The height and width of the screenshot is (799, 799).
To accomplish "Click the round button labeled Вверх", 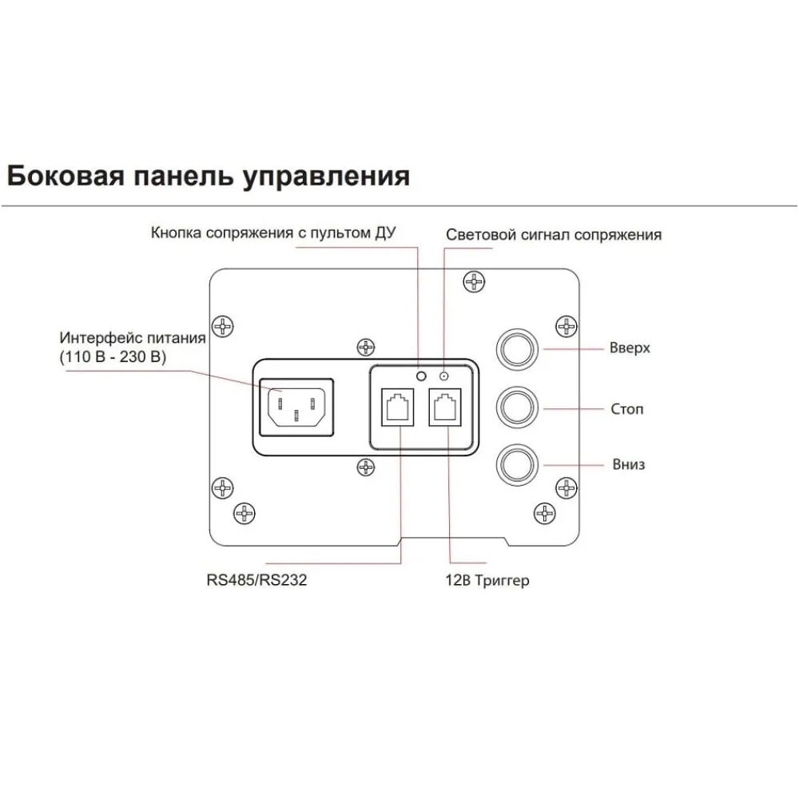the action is coord(517,349).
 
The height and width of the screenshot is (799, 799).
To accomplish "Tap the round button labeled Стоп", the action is coord(517,407).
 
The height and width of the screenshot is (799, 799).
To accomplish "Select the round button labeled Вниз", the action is coord(517,465).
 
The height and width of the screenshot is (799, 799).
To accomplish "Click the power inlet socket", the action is coord(296,407).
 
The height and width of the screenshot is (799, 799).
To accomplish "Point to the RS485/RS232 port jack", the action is coord(397,407).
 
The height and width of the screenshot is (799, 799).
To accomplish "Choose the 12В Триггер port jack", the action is coord(445,407).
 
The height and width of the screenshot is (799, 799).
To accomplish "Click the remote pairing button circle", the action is coord(421,376).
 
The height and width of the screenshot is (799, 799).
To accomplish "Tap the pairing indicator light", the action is coord(443,376).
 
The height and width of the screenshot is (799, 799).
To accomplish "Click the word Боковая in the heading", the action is coord(66,176).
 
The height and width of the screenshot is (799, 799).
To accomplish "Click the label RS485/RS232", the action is coord(256,580).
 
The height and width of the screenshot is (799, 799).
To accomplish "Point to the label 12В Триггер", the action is coord(487,580).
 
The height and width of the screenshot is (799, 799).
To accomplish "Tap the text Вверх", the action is coord(630,348).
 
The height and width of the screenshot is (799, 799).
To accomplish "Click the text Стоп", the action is coord(627,409).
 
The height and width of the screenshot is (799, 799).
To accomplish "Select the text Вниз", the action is coord(629,464).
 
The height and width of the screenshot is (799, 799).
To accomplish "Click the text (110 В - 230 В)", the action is coord(113,356).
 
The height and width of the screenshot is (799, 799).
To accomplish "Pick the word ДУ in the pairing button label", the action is coord(386,233).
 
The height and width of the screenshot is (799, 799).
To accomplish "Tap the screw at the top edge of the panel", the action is coord(474,281).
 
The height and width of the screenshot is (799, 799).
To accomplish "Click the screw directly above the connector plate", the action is coord(366,348).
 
